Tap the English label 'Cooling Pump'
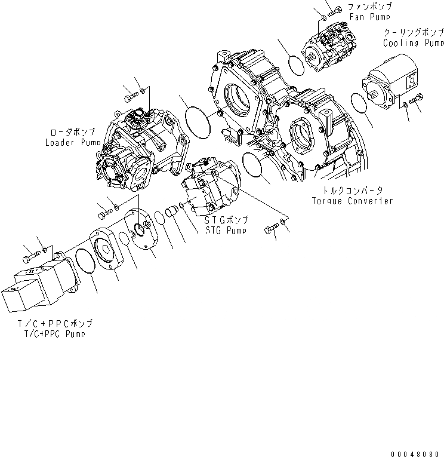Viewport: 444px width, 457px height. click(x=413, y=43)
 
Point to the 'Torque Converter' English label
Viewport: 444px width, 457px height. click(x=352, y=200)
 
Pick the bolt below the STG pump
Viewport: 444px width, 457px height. click(x=272, y=228)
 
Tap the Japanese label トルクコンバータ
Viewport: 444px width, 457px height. click(x=352, y=190)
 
